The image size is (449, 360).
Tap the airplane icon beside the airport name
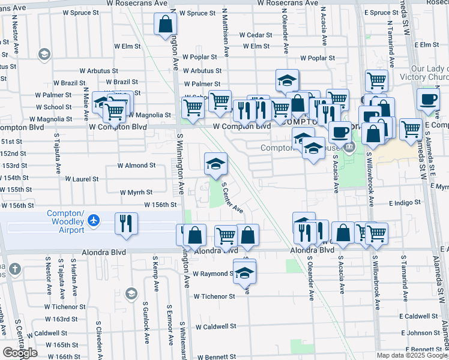(x=92, y=221)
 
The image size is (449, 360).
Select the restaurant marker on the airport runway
(x=127, y=223)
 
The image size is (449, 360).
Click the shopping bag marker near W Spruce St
(x=166, y=25)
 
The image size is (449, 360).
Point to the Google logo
(x=20, y=352)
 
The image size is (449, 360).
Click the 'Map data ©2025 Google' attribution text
(x=412, y=355)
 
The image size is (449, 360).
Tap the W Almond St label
(x=136, y=165)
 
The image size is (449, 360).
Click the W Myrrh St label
(x=136, y=193)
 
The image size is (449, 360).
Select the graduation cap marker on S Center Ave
(x=215, y=163)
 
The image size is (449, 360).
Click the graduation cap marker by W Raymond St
(x=244, y=272)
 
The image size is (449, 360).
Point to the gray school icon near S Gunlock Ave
(x=131, y=293)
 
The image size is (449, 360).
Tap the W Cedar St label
(x=256, y=35)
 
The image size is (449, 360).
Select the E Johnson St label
(x=424, y=333)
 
